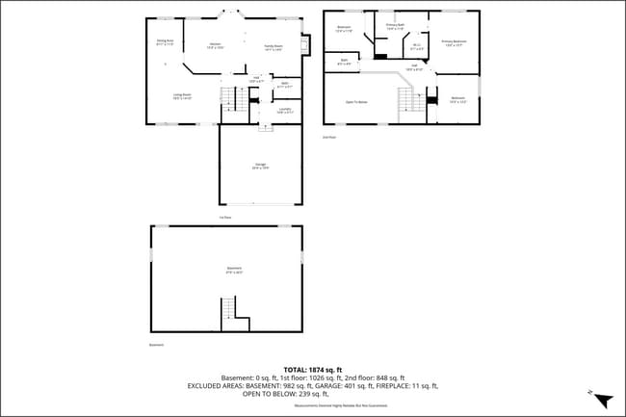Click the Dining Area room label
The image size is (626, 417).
(x=165, y=42)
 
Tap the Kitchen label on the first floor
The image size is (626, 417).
(x=215, y=47)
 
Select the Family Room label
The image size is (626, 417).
(x=273, y=47)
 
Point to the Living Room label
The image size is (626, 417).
(x=181, y=95)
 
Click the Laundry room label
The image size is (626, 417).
(x=285, y=112)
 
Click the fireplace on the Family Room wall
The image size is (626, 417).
(x=304, y=44)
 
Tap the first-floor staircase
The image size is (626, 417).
(x=228, y=97)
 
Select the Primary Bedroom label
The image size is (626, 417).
(x=454, y=43)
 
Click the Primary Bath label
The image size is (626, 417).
(x=395, y=26)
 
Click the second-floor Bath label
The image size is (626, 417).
(x=344, y=63)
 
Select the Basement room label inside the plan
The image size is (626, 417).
(x=234, y=270)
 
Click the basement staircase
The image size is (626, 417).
(x=228, y=309)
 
